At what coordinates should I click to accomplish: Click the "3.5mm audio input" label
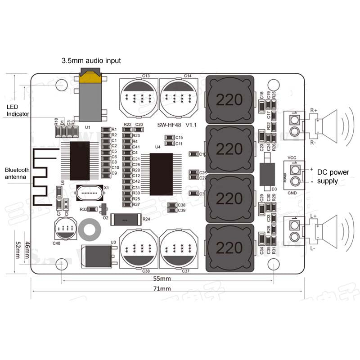tap(91, 60)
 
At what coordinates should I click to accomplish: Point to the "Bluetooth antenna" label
tap(17, 173)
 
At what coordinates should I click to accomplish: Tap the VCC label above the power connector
tap(292, 157)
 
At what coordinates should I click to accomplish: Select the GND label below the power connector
tap(292, 192)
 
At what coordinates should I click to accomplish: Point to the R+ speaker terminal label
tap(314, 110)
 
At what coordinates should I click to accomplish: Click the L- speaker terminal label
tap(313, 248)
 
